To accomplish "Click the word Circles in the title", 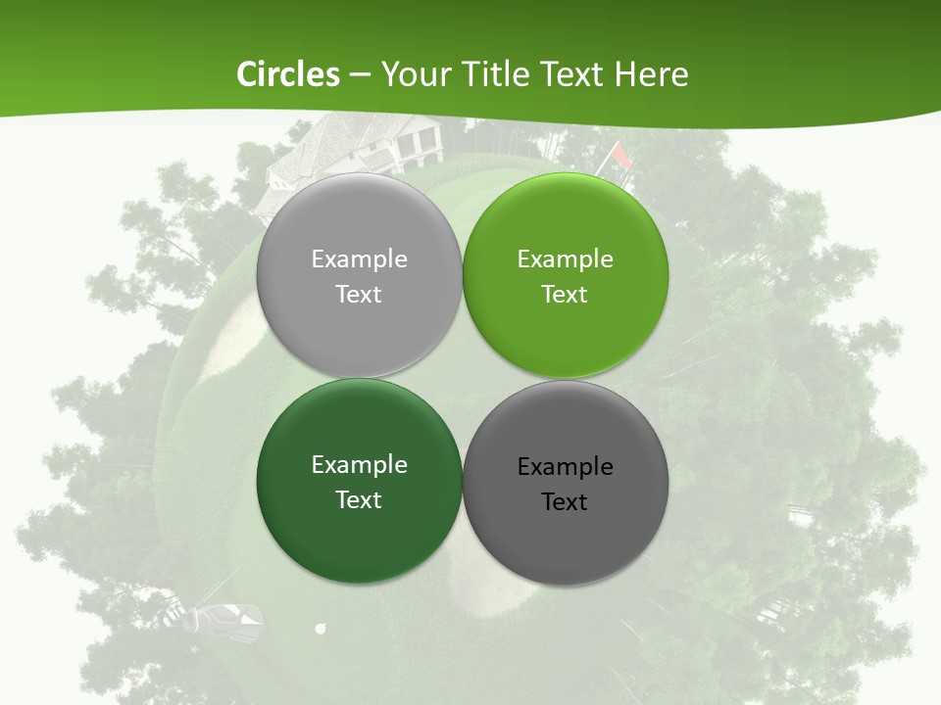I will click(x=288, y=74).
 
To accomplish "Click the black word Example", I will click(x=565, y=467).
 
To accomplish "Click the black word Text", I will click(x=565, y=502).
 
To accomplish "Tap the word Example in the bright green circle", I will click(x=565, y=259).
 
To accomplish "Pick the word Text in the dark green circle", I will click(x=359, y=500).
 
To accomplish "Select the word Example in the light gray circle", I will click(x=359, y=259).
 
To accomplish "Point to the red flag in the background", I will click(x=620, y=155).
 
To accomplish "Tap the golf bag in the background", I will click(x=229, y=618).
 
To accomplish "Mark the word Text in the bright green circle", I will click(x=565, y=295).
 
